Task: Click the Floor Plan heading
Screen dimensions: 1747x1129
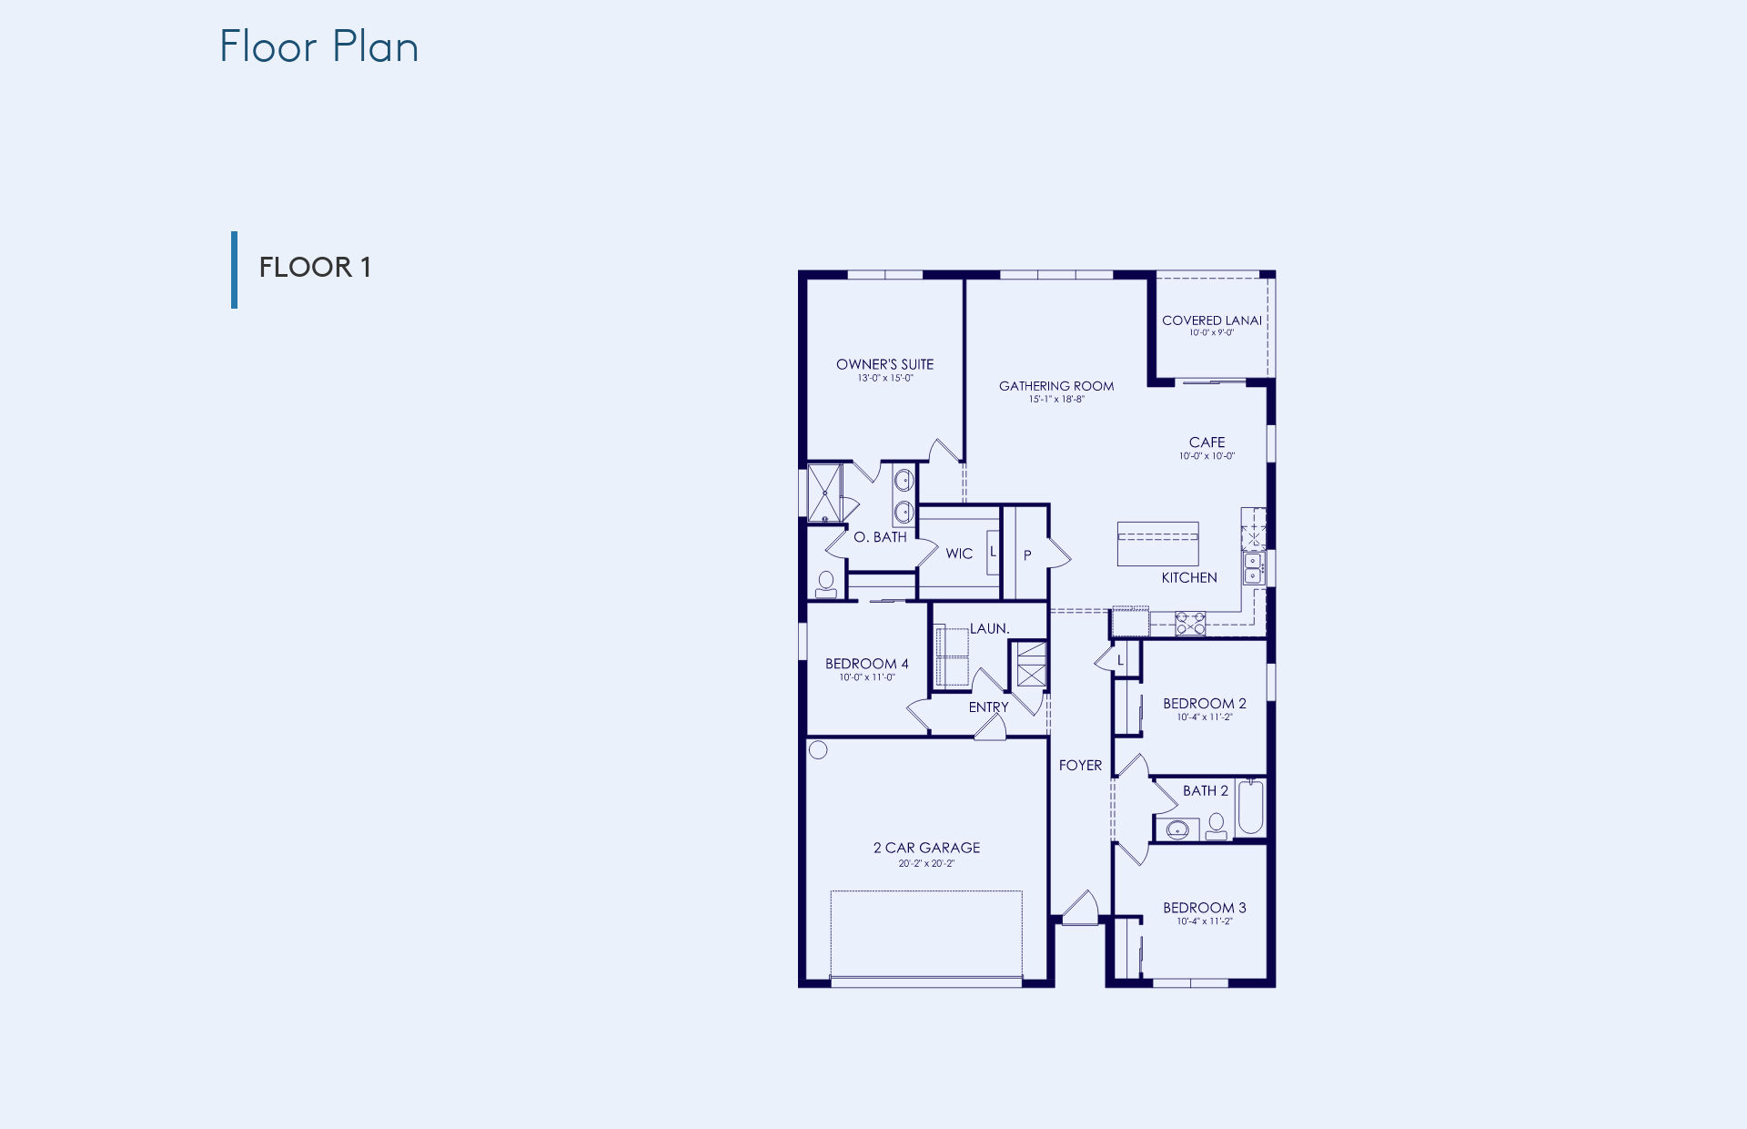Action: pyautogui.click(x=318, y=46)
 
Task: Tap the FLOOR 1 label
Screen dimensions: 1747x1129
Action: pyautogui.click(x=315, y=268)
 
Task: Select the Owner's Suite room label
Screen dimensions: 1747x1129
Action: pyautogui.click(x=884, y=364)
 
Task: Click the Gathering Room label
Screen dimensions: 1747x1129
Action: pyautogui.click(x=1056, y=386)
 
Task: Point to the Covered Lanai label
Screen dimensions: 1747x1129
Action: pyautogui.click(x=1212, y=320)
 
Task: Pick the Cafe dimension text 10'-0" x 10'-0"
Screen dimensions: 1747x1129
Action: pyautogui.click(x=1207, y=456)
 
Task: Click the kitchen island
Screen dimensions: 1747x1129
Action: pyautogui.click(x=1157, y=544)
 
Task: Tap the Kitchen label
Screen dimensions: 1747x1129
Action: pyautogui.click(x=1189, y=578)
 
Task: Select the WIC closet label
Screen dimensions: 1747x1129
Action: pyautogui.click(x=959, y=554)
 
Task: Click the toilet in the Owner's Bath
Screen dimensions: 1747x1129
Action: pyautogui.click(x=826, y=584)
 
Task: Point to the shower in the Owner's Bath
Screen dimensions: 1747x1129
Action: pyautogui.click(x=824, y=493)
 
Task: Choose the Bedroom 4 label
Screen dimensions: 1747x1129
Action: pyautogui.click(x=866, y=664)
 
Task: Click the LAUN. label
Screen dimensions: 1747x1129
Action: pyautogui.click(x=989, y=629)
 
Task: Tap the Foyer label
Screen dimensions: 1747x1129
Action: pyautogui.click(x=1080, y=766)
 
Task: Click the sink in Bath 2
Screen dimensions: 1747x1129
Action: pyautogui.click(x=1177, y=829)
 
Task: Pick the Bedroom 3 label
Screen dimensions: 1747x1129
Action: pyautogui.click(x=1205, y=908)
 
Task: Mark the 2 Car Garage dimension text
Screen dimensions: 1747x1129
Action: pyautogui.click(x=926, y=864)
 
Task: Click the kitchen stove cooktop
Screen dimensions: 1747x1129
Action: pyautogui.click(x=1190, y=623)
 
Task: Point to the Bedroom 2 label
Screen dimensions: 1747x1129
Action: pyautogui.click(x=1205, y=704)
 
